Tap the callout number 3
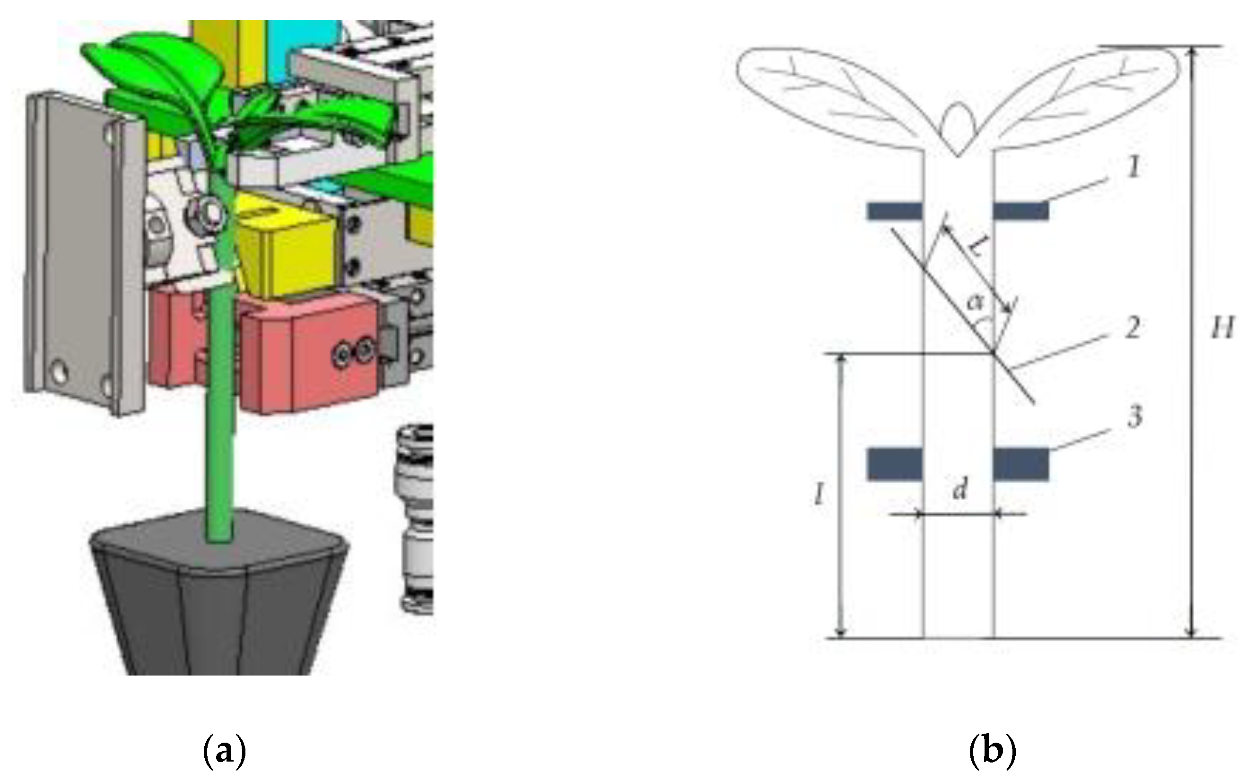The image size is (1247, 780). pos(1134,417)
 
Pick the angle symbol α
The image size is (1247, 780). pos(975,302)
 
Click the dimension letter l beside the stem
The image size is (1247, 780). pos(819,496)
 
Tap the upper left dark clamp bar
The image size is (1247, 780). pos(894,211)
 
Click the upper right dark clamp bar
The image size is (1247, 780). pos(1021,211)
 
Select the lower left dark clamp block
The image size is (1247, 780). pos(894,464)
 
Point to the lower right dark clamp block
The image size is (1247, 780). pos(1021,464)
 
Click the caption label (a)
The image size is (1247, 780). pos(223,753)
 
